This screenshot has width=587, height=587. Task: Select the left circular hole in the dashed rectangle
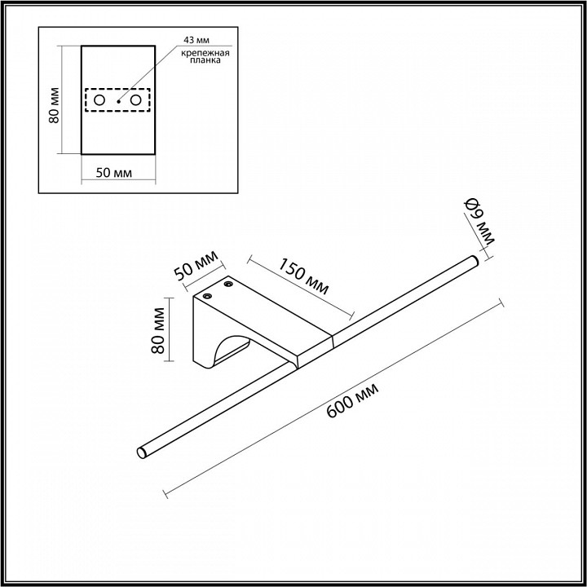pyautogui.click(x=99, y=100)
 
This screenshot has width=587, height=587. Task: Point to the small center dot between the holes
pyautogui.click(x=118, y=100)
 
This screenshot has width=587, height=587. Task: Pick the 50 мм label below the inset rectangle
pyautogui.click(x=110, y=173)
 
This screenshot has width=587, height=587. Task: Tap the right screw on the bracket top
pyautogui.click(x=229, y=285)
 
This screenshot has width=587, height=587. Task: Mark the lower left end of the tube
pyautogui.click(x=143, y=451)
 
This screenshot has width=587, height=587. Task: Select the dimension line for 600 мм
pyautogui.click(x=332, y=399)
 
